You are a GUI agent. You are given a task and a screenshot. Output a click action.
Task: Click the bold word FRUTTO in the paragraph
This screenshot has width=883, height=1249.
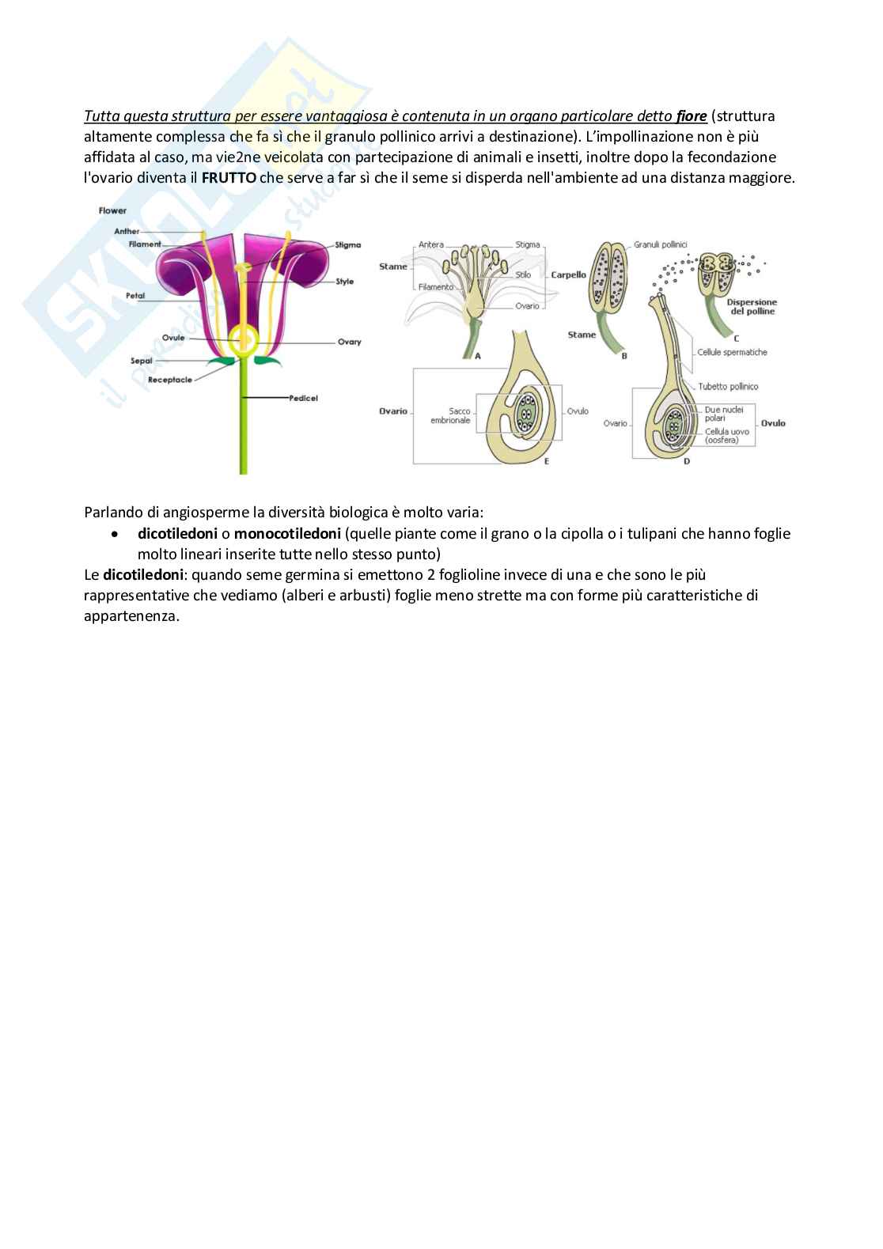point(229,178)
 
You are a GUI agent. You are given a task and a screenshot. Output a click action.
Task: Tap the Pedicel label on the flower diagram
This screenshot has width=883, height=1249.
point(305,398)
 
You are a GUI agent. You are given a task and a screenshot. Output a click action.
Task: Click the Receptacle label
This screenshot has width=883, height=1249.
point(170,380)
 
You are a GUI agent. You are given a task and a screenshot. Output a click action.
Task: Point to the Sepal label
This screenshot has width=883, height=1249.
point(142,361)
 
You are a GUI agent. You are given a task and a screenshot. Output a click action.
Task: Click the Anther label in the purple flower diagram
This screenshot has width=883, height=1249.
point(127,231)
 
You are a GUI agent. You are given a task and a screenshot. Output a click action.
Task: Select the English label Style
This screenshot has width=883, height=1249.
point(345,281)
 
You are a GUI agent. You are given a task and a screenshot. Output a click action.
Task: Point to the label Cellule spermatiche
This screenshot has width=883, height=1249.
point(733,353)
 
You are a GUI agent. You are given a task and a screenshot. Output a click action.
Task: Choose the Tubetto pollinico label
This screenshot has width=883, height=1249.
point(729,387)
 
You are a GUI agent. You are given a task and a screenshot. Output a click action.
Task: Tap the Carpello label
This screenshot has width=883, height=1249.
point(569,275)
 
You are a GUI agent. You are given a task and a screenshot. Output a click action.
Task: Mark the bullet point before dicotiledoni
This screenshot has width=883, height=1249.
point(116,534)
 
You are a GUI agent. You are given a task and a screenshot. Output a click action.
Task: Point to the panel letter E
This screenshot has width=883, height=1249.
point(546,462)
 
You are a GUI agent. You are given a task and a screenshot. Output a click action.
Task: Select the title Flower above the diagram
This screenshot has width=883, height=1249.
point(113,210)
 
